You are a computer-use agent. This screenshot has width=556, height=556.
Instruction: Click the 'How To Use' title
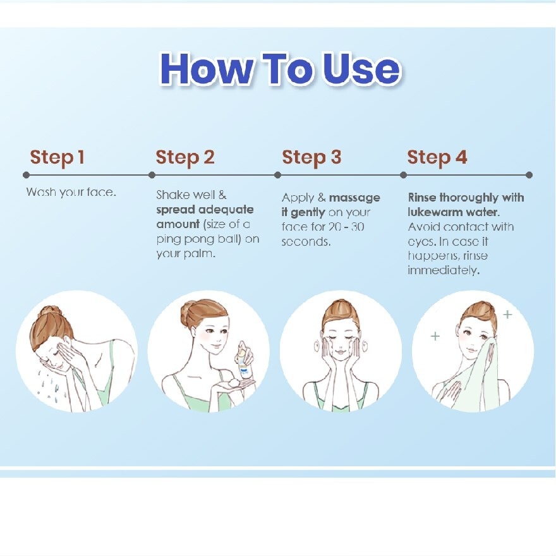point(281,69)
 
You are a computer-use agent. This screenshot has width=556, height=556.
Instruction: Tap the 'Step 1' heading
point(57,157)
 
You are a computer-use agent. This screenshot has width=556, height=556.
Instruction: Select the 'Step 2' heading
point(185,157)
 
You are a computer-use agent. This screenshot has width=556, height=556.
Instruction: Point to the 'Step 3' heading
point(311,157)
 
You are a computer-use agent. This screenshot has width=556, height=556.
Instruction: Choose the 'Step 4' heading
point(437,157)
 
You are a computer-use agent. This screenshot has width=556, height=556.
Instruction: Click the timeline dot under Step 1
point(26,175)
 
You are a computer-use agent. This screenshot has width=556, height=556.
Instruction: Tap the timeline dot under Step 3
point(277,175)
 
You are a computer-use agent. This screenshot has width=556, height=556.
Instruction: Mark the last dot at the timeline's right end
point(529,175)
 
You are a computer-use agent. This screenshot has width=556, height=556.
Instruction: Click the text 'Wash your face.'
point(71,193)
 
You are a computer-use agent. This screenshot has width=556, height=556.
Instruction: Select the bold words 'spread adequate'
point(205,210)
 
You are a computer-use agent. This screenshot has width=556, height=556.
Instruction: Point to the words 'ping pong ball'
point(198,239)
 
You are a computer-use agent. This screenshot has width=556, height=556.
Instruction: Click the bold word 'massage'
point(354,198)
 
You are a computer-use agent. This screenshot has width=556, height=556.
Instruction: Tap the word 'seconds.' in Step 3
point(306,242)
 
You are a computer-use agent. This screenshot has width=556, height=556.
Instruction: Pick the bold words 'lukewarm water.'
point(454,212)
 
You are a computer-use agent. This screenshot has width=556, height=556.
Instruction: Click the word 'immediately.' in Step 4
point(444,270)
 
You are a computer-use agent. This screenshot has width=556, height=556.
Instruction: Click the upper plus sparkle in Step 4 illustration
point(508,314)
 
